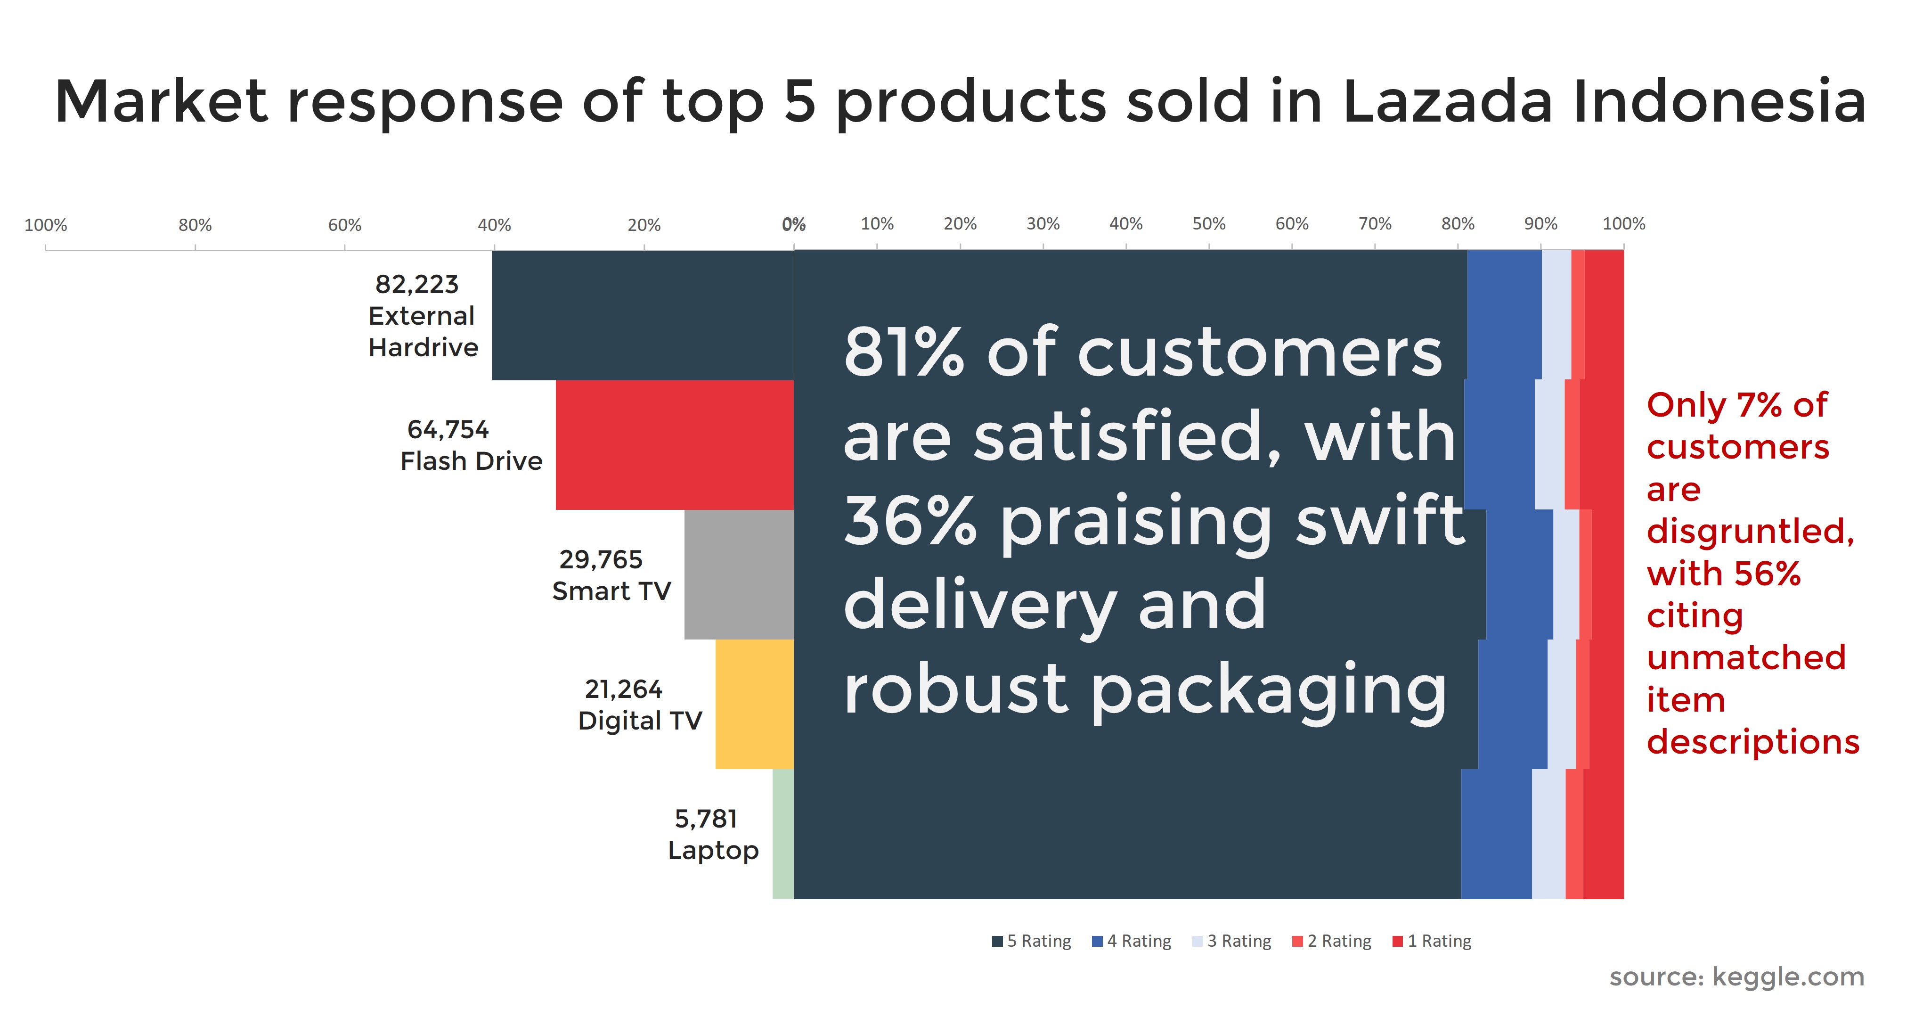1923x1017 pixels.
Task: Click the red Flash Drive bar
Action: click(x=674, y=445)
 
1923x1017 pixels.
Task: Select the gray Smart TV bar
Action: click(x=739, y=574)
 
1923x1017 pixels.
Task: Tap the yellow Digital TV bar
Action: click(x=754, y=704)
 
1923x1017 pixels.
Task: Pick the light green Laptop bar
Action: click(x=783, y=833)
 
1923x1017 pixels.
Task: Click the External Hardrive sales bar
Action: click(x=642, y=315)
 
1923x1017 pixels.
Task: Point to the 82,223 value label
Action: click(x=416, y=285)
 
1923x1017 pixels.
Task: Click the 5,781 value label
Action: click(x=705, y=819)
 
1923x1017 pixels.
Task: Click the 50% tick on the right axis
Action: click(x=1209, y=224)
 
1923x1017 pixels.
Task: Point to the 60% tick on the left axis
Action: click(x=345, y=225)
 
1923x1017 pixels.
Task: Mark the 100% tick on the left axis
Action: click(x=46, y=225)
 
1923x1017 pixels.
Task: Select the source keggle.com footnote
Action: click(x=1736, y=976)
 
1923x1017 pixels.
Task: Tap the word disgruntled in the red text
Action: click(x=1750, y=532)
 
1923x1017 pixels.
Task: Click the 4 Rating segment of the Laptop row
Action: click(x=1496, y=833)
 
